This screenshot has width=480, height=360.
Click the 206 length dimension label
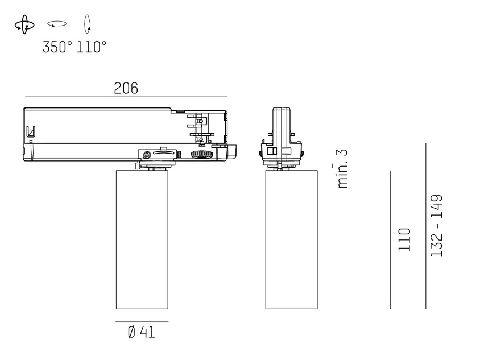(126, 88)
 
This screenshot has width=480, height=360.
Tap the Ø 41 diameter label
(141, 332)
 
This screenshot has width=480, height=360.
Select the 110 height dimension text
(404, 239)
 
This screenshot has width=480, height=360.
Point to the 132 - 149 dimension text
(437, 226)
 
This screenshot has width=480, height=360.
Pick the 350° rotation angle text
(57, 47)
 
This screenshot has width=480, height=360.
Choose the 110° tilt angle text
(91, 47)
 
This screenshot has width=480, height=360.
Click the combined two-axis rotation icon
(24, 24)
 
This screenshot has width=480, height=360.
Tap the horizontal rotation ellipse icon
(57, 23)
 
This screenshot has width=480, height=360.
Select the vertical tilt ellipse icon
(88, 24)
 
